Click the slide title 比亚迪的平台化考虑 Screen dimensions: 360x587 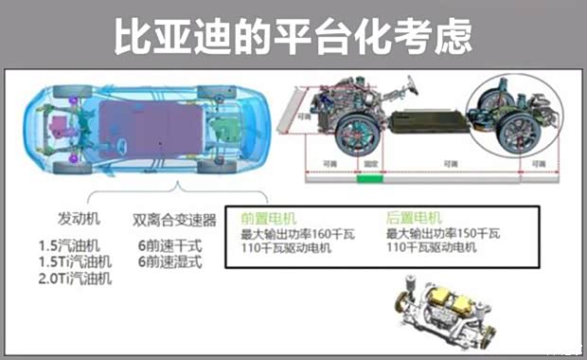293,36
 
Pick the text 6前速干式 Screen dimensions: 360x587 169,244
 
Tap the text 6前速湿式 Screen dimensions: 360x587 169,261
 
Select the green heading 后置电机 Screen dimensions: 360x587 414,216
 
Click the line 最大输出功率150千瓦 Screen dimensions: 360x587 444,232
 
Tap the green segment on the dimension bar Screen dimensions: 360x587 368,177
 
